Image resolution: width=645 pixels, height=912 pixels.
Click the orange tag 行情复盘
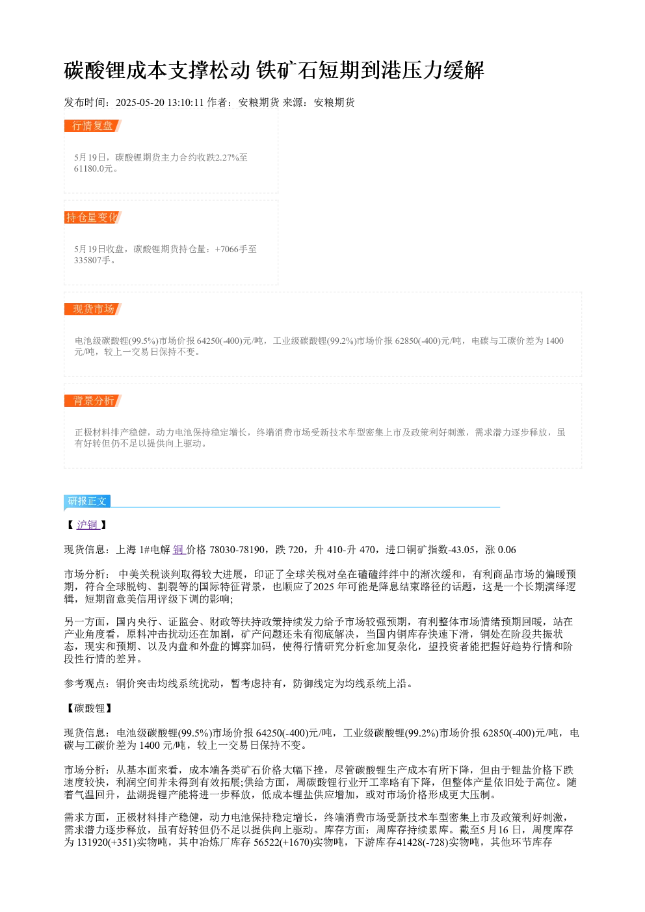tap(92, 126)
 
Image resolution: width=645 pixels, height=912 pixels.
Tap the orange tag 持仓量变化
tap(92, 217)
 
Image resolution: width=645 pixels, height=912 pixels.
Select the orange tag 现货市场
tap(92, 309)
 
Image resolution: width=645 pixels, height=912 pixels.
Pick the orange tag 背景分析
tap(92, 400)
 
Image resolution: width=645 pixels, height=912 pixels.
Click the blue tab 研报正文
tap(87, 501)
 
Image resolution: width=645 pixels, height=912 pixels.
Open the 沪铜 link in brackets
tap(87, 525)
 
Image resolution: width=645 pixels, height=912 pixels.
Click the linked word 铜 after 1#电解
tap(178, 550)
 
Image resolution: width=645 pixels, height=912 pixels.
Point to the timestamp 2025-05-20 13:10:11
tap(159, 102)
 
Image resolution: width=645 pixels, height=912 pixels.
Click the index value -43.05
tap(462, 550)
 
